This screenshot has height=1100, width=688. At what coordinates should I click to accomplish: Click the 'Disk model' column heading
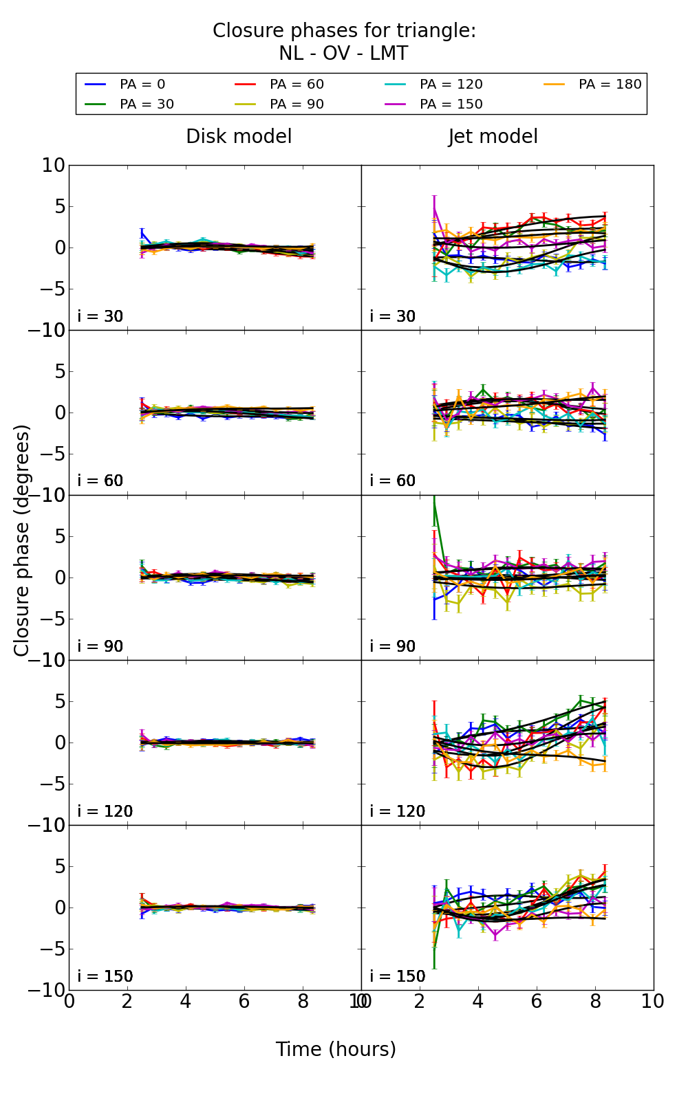[x=239, y=137]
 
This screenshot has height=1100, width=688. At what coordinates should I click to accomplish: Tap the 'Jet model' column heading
[x=493, y=137]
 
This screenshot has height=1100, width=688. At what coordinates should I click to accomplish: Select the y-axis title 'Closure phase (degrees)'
[x=22, y=540]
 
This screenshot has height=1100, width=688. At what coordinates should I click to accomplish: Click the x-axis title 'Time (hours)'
[x=336, y=1050]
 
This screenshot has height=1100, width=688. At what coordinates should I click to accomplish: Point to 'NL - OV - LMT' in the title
[x=343, y=54]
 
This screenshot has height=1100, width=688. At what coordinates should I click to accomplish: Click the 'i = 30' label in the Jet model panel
[x=392, y=317]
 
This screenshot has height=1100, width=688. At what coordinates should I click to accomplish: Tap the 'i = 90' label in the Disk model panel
[x=100, y=647]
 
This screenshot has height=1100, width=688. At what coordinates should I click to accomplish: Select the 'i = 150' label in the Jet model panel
[x=397, y=977]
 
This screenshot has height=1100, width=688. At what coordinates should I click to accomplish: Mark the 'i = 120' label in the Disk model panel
[x=105, y=812]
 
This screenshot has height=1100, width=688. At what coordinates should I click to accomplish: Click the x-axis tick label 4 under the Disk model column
[x=186, y=1002]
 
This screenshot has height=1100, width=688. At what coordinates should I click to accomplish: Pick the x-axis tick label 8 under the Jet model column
[x=594, y=1002]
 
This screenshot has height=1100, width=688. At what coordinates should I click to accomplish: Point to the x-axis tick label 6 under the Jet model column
[x=536, y=1002]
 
